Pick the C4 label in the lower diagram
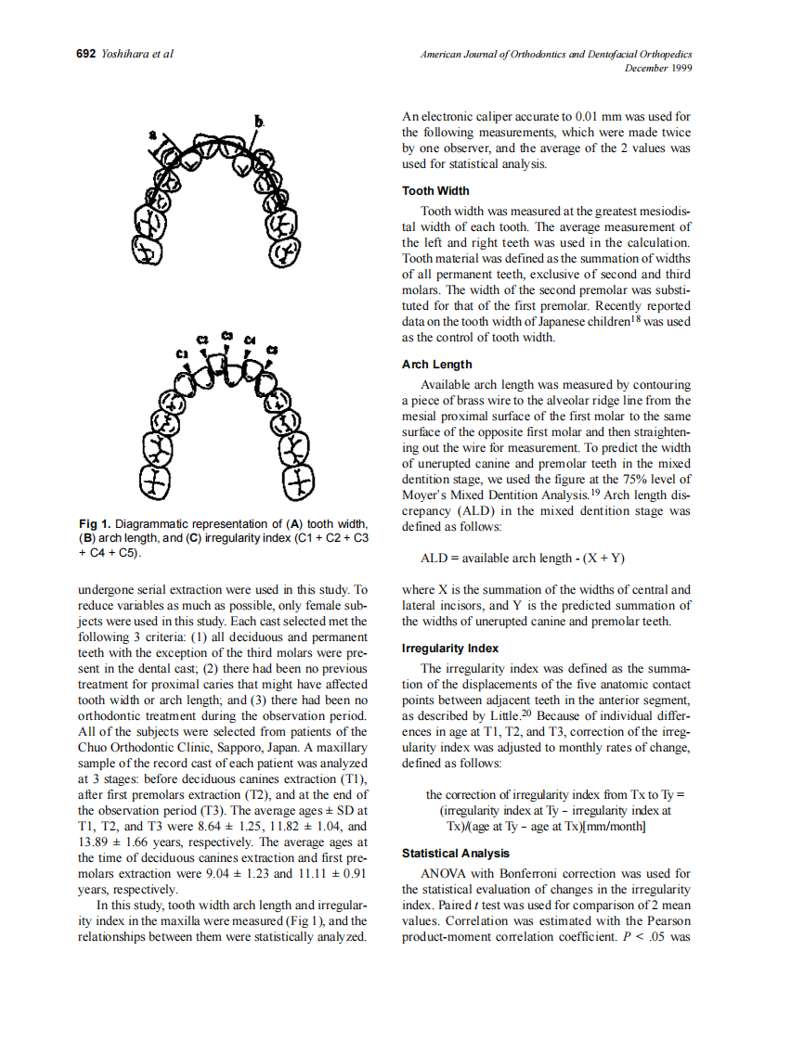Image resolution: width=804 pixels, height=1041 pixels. (249, 341)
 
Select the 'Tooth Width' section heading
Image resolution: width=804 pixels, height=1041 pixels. (435, 191)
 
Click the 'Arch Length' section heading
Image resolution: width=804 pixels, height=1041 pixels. (436, 365)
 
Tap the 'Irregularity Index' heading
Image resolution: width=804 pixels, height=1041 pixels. (449, 649)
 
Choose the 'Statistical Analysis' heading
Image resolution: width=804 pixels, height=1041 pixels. (455, 853)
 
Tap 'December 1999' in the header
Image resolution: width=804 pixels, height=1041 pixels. (658, 68)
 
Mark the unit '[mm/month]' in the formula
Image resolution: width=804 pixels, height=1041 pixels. (613, 826)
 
